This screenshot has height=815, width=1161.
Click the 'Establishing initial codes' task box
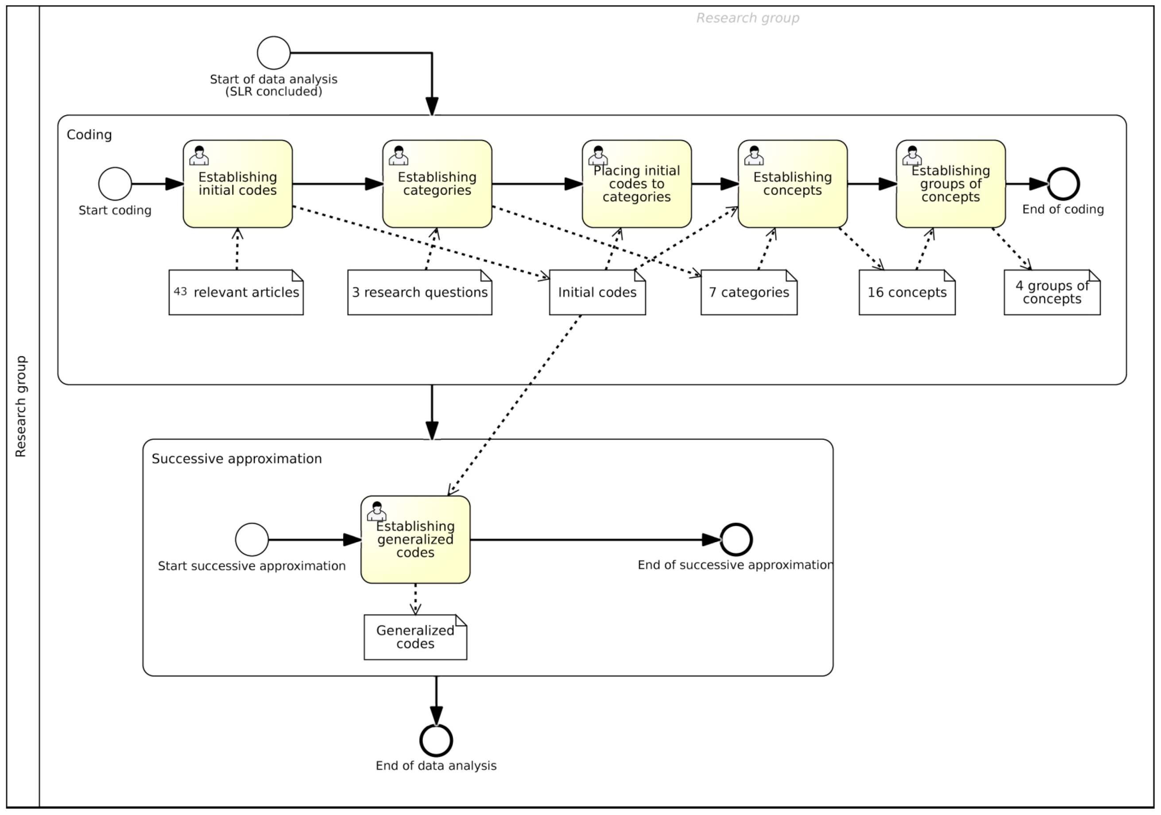[238, 184]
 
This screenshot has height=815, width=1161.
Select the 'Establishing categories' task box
[437, 184]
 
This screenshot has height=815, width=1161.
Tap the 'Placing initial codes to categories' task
[636, 184]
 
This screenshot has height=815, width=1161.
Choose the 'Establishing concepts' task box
[792, 184]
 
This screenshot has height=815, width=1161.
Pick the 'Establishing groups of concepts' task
[950, 184]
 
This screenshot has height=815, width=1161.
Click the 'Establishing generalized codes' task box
[415, 539]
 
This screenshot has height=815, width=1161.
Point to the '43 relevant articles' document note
[236, 292]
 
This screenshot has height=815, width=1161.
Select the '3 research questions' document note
[419, 292]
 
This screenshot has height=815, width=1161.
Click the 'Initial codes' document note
[597, 292]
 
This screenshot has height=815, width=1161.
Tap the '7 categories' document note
[748, 292]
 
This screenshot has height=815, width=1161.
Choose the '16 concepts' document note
[907, 292]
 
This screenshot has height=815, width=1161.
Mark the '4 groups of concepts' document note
[1052, 292]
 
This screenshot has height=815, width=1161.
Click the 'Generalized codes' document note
[415, 637]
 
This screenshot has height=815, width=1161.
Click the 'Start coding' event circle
[115, 184]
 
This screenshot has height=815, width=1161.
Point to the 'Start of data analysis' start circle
[274, 53]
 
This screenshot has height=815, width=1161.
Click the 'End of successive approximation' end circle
[736, 540]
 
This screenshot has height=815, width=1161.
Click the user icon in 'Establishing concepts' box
[754, 156]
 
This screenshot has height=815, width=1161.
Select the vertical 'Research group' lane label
[21, 406]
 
